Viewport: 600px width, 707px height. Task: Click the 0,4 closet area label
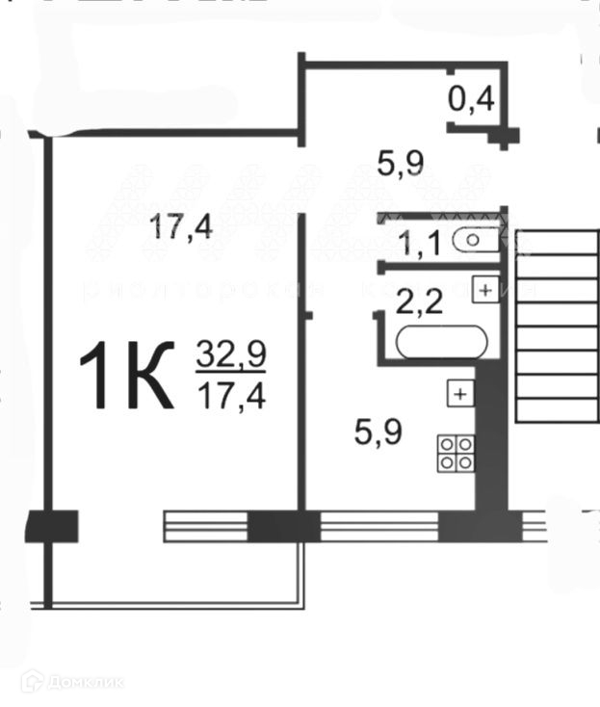coord(472,97)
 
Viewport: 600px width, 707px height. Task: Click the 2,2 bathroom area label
coord(420,305)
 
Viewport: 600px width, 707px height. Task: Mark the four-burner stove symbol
coord(456,453)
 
